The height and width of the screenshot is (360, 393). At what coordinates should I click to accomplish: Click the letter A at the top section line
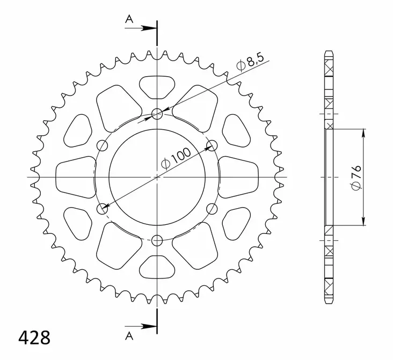129,19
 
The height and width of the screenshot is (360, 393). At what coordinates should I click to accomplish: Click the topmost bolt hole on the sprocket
157,113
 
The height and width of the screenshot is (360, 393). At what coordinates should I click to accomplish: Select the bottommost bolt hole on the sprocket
157,239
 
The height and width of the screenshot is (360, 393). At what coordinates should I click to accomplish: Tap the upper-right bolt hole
212,145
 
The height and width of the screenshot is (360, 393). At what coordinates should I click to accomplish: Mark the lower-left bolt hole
102,208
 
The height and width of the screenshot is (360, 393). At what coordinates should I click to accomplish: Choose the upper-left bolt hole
102,145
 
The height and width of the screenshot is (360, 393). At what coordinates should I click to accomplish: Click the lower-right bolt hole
212,208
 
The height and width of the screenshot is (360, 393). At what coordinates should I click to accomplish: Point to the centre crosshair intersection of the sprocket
157,177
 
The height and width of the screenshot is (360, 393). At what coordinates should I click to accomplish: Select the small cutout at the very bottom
157,267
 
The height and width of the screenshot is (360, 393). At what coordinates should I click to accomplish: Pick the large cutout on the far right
239,177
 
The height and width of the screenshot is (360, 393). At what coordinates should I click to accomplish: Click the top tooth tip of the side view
329,52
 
